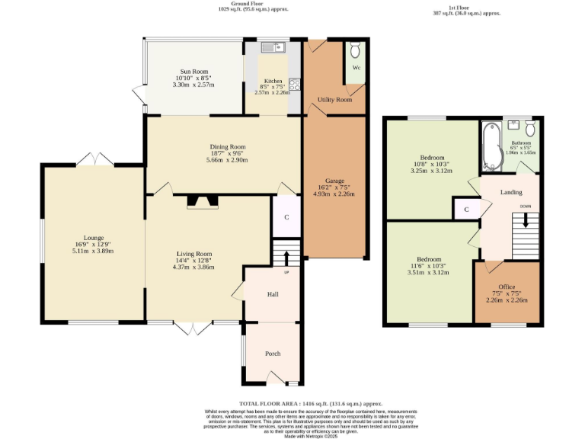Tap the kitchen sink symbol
point(271,49)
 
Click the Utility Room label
point(334,100)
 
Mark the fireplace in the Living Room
point(203,202)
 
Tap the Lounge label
point(94,238)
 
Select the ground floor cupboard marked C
point(286,217)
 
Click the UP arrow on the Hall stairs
point(287,259)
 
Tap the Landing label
point(511,192)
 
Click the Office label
point(507,287)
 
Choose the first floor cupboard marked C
point(465,209)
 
